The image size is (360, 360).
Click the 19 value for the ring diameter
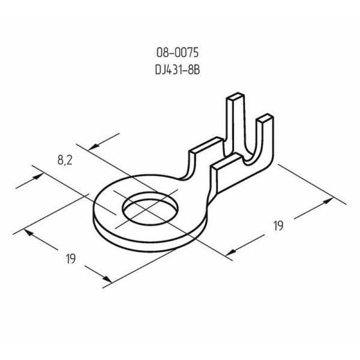click(x=70, y=259)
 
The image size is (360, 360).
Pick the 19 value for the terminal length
click(x=278, y=226)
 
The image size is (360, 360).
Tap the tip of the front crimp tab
click(x=265, y=117)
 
